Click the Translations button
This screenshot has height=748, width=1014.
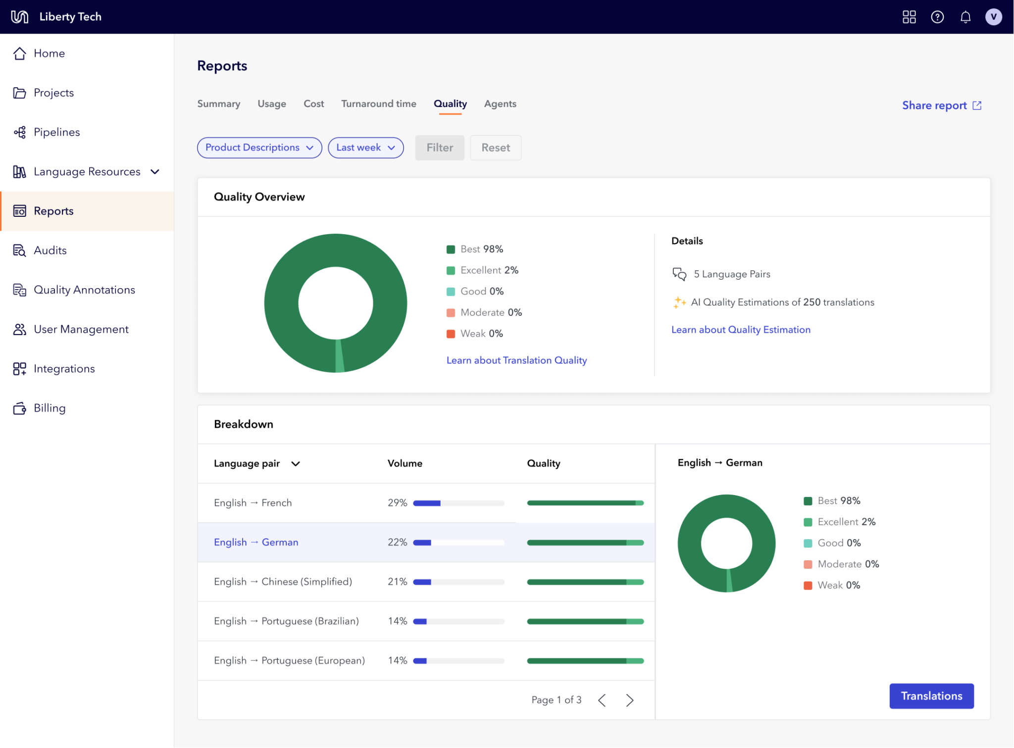click(x=931, y=696)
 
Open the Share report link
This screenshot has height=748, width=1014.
click(x=941, y=105)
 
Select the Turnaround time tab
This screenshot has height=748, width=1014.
click(x=378, y=104)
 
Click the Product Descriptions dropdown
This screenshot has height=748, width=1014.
click(x=259, y=148)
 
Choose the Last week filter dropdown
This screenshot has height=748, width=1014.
click(x=365, y=148)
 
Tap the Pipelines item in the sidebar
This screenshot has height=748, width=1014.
click(x=56, y=132)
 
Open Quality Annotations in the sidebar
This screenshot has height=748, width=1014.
click(x=84, y=290)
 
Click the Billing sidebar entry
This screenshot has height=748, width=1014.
click(x=50, y=408)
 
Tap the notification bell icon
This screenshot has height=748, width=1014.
click(x=965, y=17)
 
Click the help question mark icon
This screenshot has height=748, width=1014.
click(x=937, y=17)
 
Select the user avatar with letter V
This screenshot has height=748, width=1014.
click(x=993, y=17)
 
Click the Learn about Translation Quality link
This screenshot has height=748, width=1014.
click(x=516, y=360)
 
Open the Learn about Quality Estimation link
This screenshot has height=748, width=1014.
click(x=741, y=330)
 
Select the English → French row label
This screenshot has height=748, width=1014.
click(x=253, y=503)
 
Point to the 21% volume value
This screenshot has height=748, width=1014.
click(x=397, y=582)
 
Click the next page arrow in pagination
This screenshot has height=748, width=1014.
click(x=629, y=700)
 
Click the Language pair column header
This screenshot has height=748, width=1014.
click(x=256, y=464)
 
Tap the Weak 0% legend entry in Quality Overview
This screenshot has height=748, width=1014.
click(x=475, y=334)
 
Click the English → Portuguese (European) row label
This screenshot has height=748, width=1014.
click(x=289, y=661)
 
